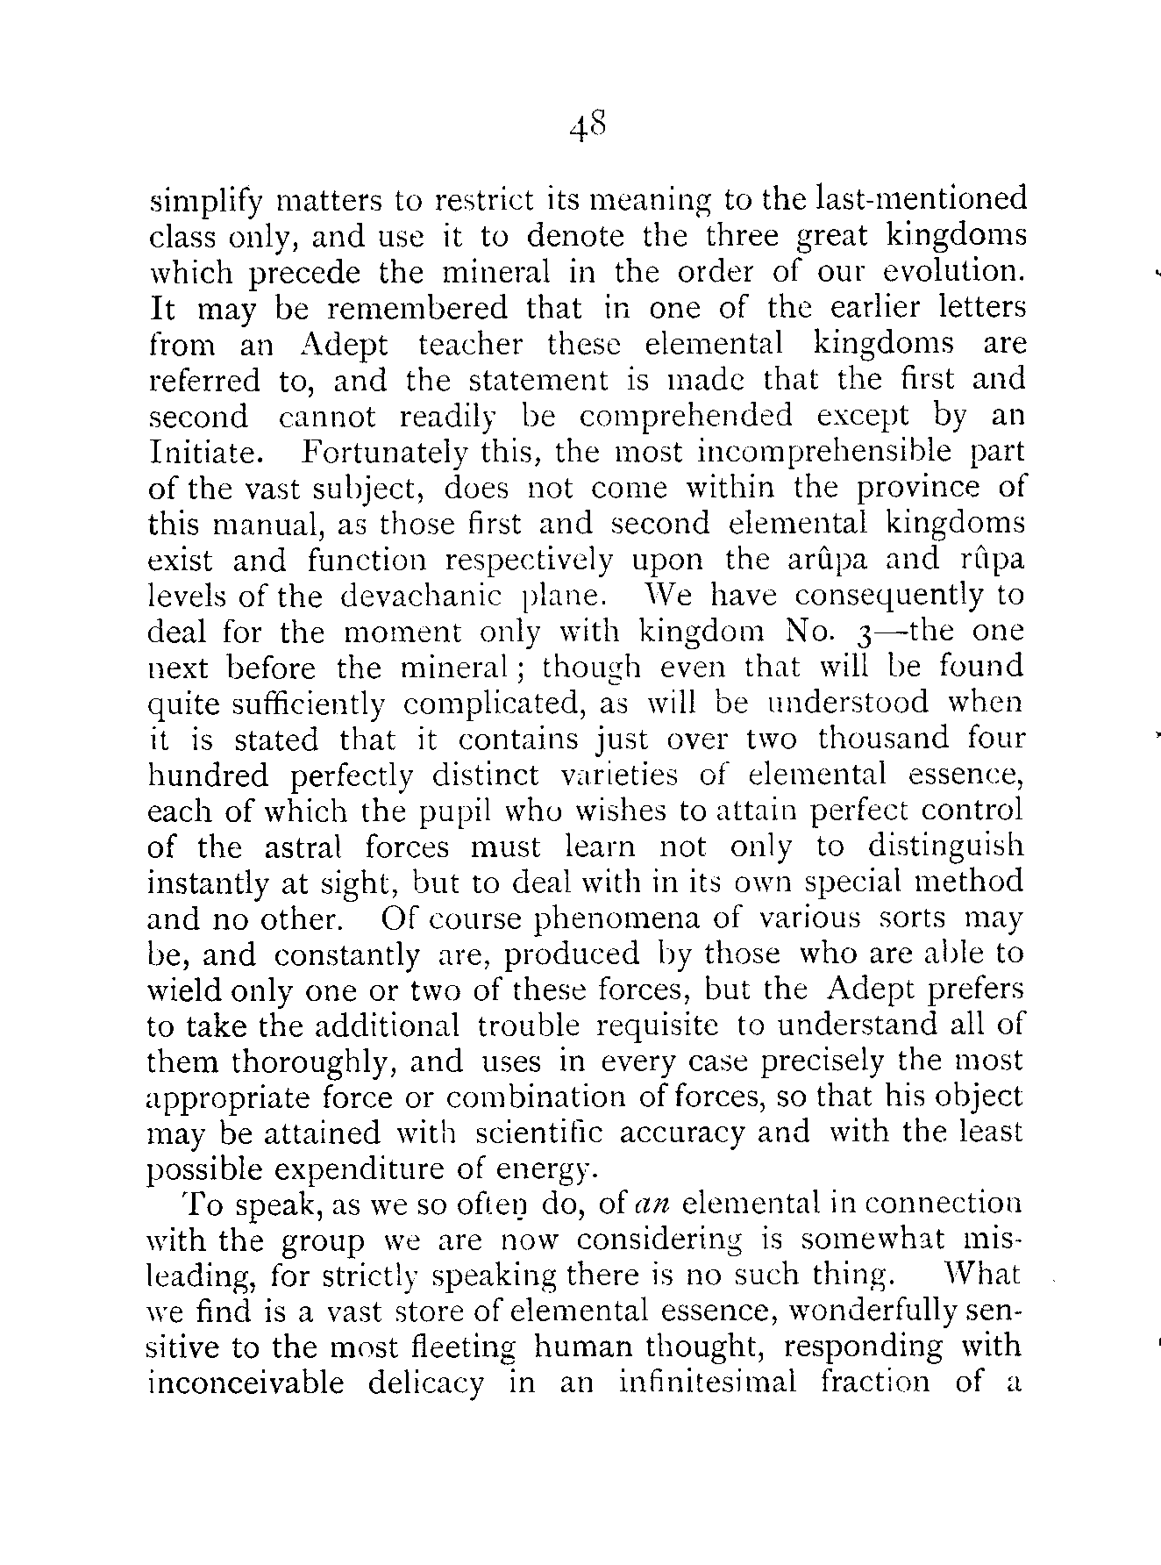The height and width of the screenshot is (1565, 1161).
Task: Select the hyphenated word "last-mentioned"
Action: point(922,200)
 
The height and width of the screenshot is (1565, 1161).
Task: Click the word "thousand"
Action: point(883,740)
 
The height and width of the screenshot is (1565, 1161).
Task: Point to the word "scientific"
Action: point(538,1134)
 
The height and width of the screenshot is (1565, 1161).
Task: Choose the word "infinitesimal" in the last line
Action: point(708,1385)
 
